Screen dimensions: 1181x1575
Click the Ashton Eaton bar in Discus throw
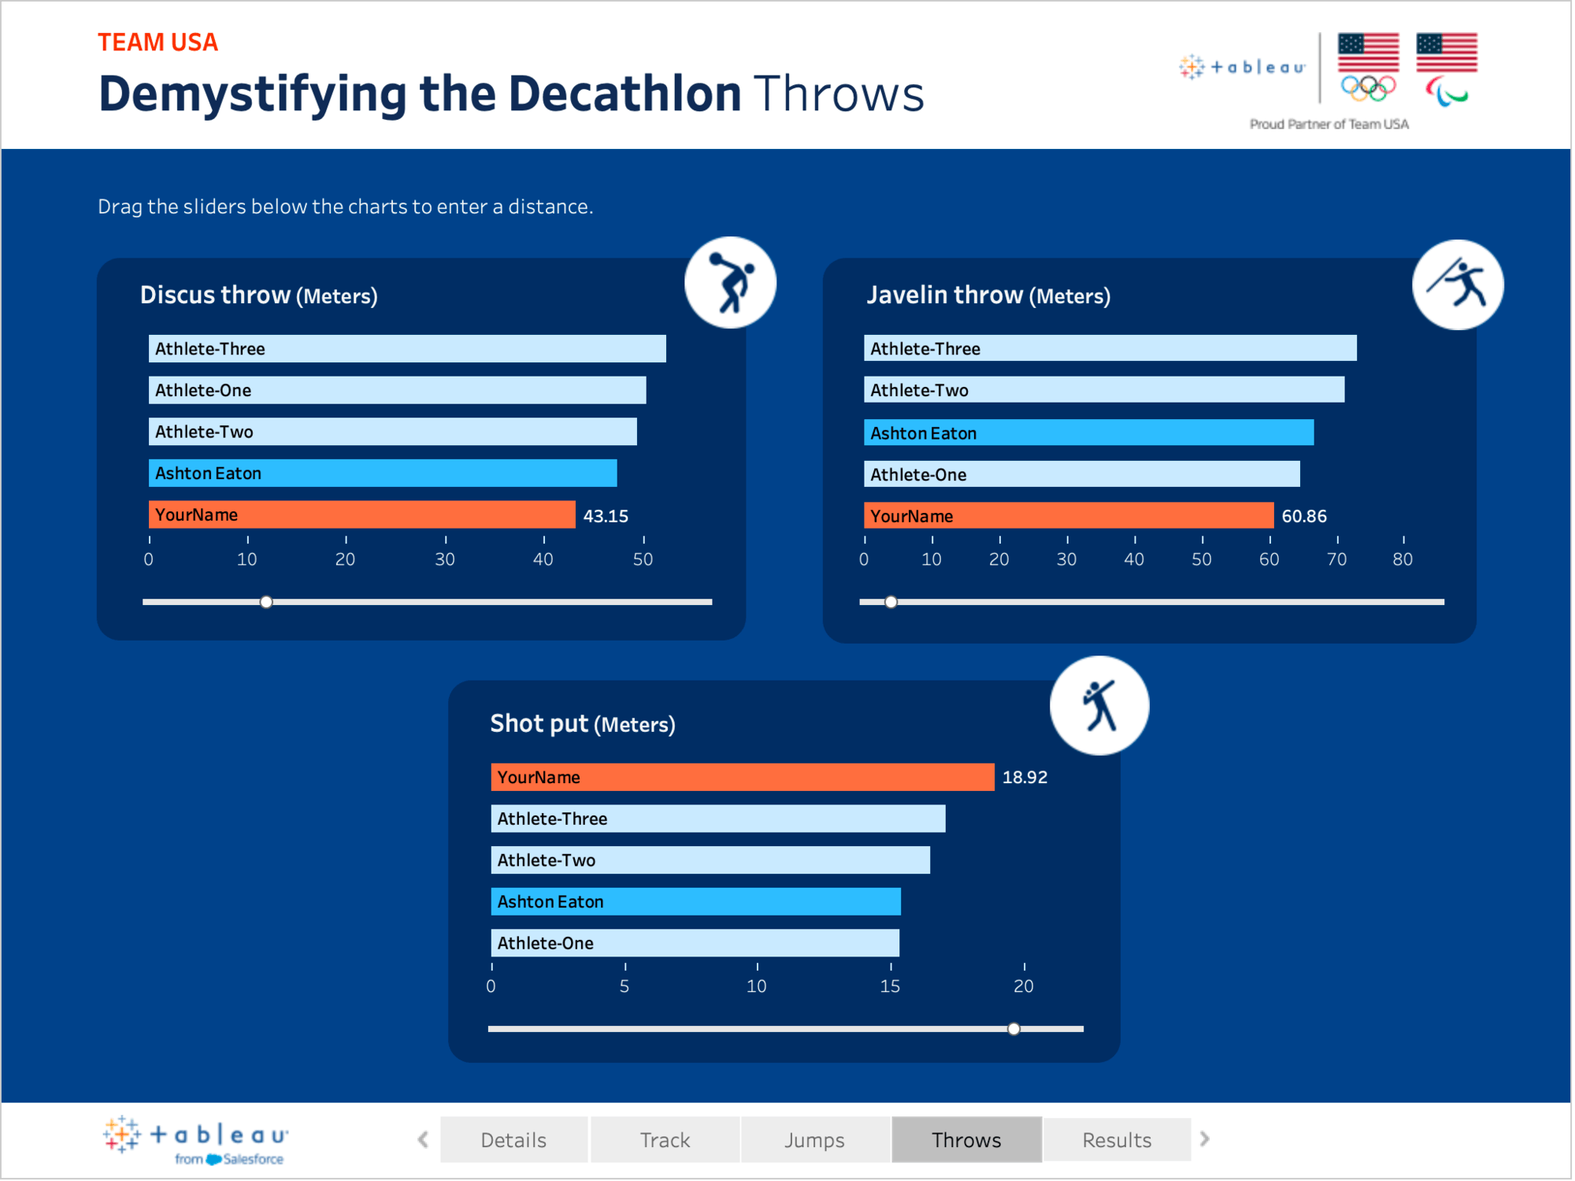click(383, 474)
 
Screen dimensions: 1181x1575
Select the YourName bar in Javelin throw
click(1069, 516)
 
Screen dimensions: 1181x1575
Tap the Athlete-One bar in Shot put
click(695, 944)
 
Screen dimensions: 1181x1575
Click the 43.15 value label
click(606, 517)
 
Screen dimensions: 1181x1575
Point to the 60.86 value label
click(1304, 517)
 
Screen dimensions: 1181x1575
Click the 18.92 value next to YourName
click(1025, 778)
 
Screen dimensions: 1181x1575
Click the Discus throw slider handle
click(266, 603)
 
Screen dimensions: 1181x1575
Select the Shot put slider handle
click(1014, 1030)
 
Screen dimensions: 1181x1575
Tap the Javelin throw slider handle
click(891, 603)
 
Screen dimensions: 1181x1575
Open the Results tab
click(1117, 1141)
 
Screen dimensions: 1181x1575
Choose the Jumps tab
click(814, 1141)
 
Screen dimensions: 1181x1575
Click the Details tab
click(513, 1141)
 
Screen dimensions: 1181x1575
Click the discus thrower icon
click(731, 283)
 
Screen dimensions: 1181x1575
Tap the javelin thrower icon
click(1458, 284)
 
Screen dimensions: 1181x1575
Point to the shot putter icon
click(1099, 706)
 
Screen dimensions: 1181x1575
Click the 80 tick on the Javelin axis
click(1403, 560)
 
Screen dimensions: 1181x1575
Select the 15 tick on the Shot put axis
click(890, 986)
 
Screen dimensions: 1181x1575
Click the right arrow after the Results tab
click(1205, 1140)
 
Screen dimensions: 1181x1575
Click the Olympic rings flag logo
click(1369, 68)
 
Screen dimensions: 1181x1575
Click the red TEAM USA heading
click(157, 43)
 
